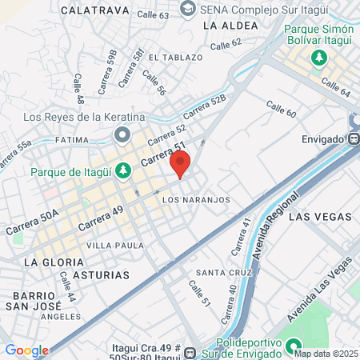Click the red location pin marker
180,164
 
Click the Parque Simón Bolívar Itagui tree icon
318,58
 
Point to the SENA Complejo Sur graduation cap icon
187,10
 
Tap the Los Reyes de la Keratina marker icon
122,134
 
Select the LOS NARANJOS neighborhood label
196,199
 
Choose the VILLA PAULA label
115,245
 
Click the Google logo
26,350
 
